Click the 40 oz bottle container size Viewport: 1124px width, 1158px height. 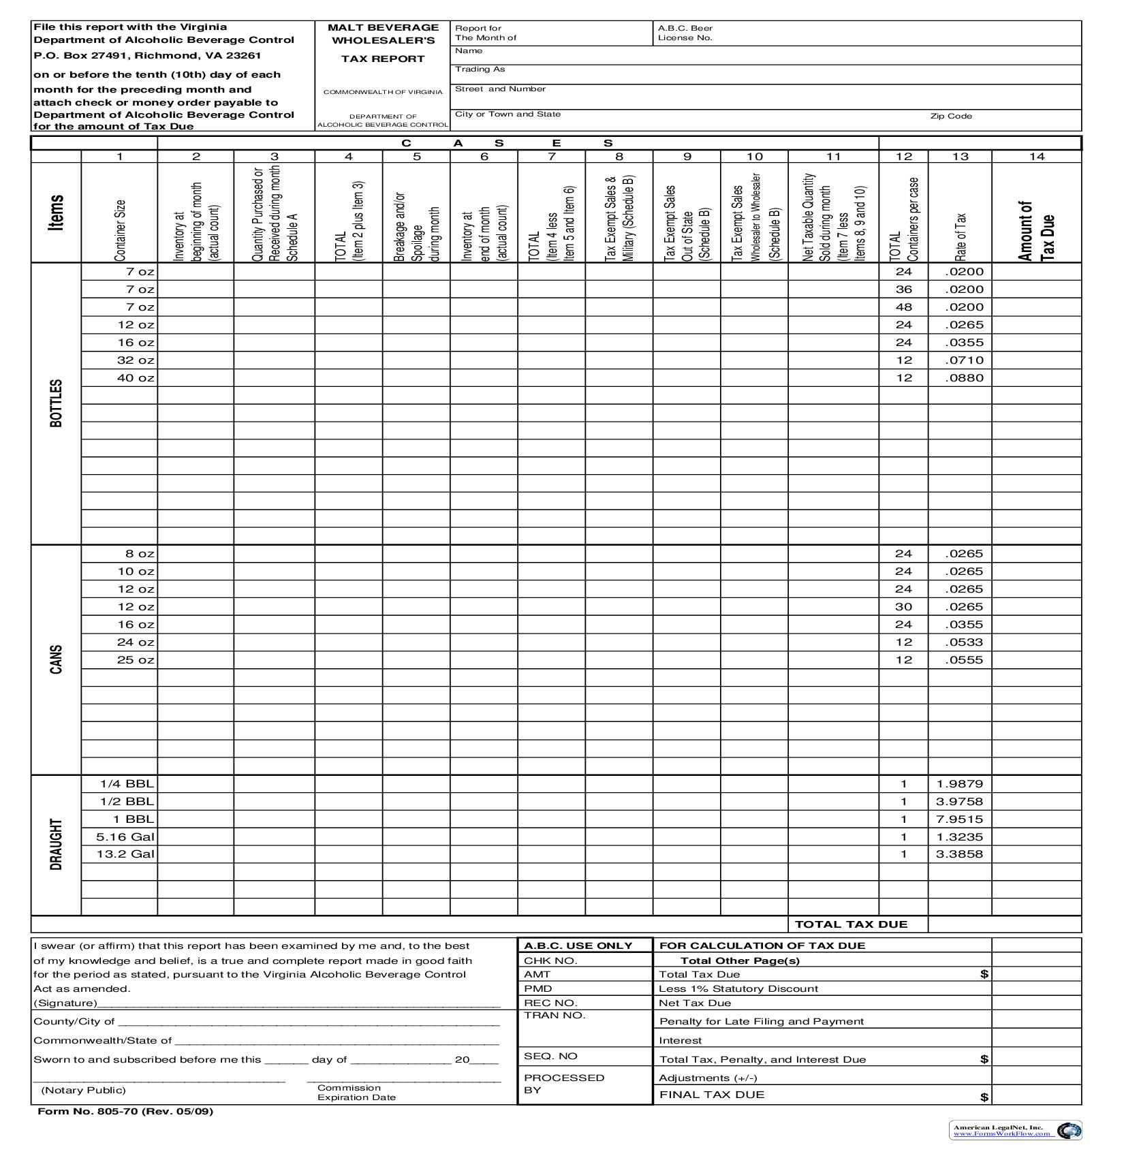pyautogui.click(x=136, y=378)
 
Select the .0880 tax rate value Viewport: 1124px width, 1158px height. pyautogui.click(x=964, y=378)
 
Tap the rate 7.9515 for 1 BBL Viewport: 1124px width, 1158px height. pyautogui.click(x=959, y=819)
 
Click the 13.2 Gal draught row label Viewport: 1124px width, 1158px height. pyautogui.click(x=125, y=854)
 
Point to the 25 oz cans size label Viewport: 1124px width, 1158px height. pyautogui.click(x=136, y=659)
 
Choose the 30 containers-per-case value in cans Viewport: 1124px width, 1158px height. pyautogui.click(x=903, y=606)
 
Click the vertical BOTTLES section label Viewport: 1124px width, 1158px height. pyautogui.click(x=57, y=403)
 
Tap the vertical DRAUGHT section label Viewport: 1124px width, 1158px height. pyautogui.click(x=57, y=845)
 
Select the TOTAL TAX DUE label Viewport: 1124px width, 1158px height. pyautogui.click(x=851, y=924)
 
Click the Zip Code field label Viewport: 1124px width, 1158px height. pyautogui.click(x=951, y=116)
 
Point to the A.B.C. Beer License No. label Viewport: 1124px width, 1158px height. pyautogui.click(x=685, y=33)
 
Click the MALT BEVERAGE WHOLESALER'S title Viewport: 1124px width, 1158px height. pyautogui.click(x=383, y=33)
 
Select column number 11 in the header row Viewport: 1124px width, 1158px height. pyautogui.click(x=833, y=157)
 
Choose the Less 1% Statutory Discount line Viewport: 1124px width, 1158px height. pyautogui.click(x=738, y=988)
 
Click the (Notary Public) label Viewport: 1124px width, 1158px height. pyautogui.click(x=84, y=1090)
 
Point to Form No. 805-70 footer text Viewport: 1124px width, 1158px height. pyautogui.click(x=125, y=1111)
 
